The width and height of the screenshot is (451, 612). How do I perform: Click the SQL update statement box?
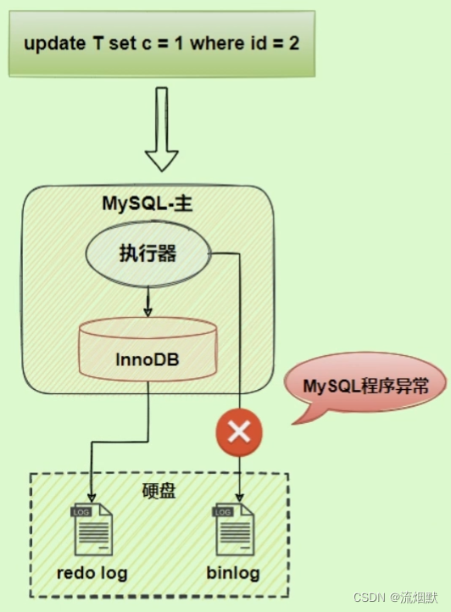[161, 44]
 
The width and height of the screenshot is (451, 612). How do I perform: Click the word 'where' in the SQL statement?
[215, 44]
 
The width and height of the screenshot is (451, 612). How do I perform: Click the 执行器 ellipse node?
[148, 254]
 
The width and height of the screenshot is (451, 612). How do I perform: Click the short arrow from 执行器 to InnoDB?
[148, 300]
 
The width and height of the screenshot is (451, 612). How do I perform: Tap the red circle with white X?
[240, 432]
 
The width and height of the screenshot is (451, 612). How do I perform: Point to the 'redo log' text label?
[92, 573]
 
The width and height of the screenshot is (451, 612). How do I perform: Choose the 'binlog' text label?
[233, 573]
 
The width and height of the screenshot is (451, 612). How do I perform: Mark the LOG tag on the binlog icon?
[223, 513]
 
